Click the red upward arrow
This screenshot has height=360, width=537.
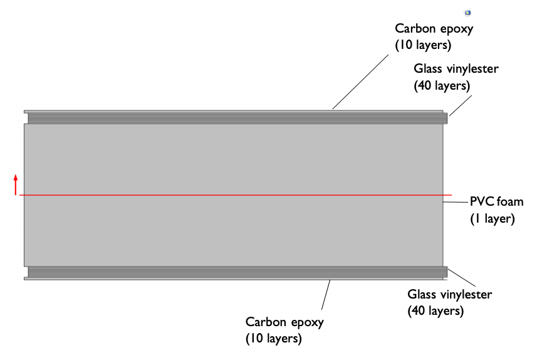point(16,185)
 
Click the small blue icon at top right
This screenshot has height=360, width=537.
point(467,13)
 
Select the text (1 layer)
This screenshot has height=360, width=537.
point(492,219)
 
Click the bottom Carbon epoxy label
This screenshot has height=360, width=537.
point(284,322)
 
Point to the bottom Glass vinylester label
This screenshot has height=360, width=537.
point(450,294)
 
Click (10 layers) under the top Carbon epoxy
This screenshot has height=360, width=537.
point(423,45)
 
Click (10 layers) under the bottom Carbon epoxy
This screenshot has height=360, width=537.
point(274,339)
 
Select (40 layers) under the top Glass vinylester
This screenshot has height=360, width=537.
point(442,85)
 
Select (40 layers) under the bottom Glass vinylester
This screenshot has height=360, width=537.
point(435,310)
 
